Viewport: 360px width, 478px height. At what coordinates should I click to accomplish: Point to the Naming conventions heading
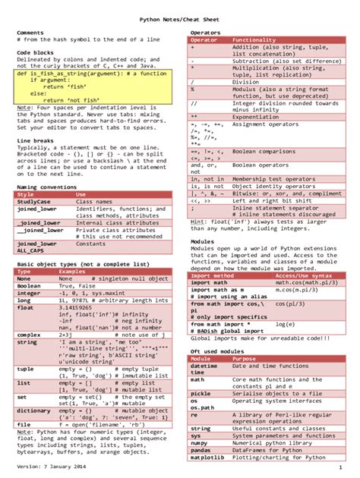point(46,186)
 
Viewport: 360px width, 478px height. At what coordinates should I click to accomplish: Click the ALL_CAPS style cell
point(30,250)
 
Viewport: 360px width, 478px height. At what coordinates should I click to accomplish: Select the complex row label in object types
point(29,335)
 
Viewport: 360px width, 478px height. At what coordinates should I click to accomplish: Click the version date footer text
point(49,464)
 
